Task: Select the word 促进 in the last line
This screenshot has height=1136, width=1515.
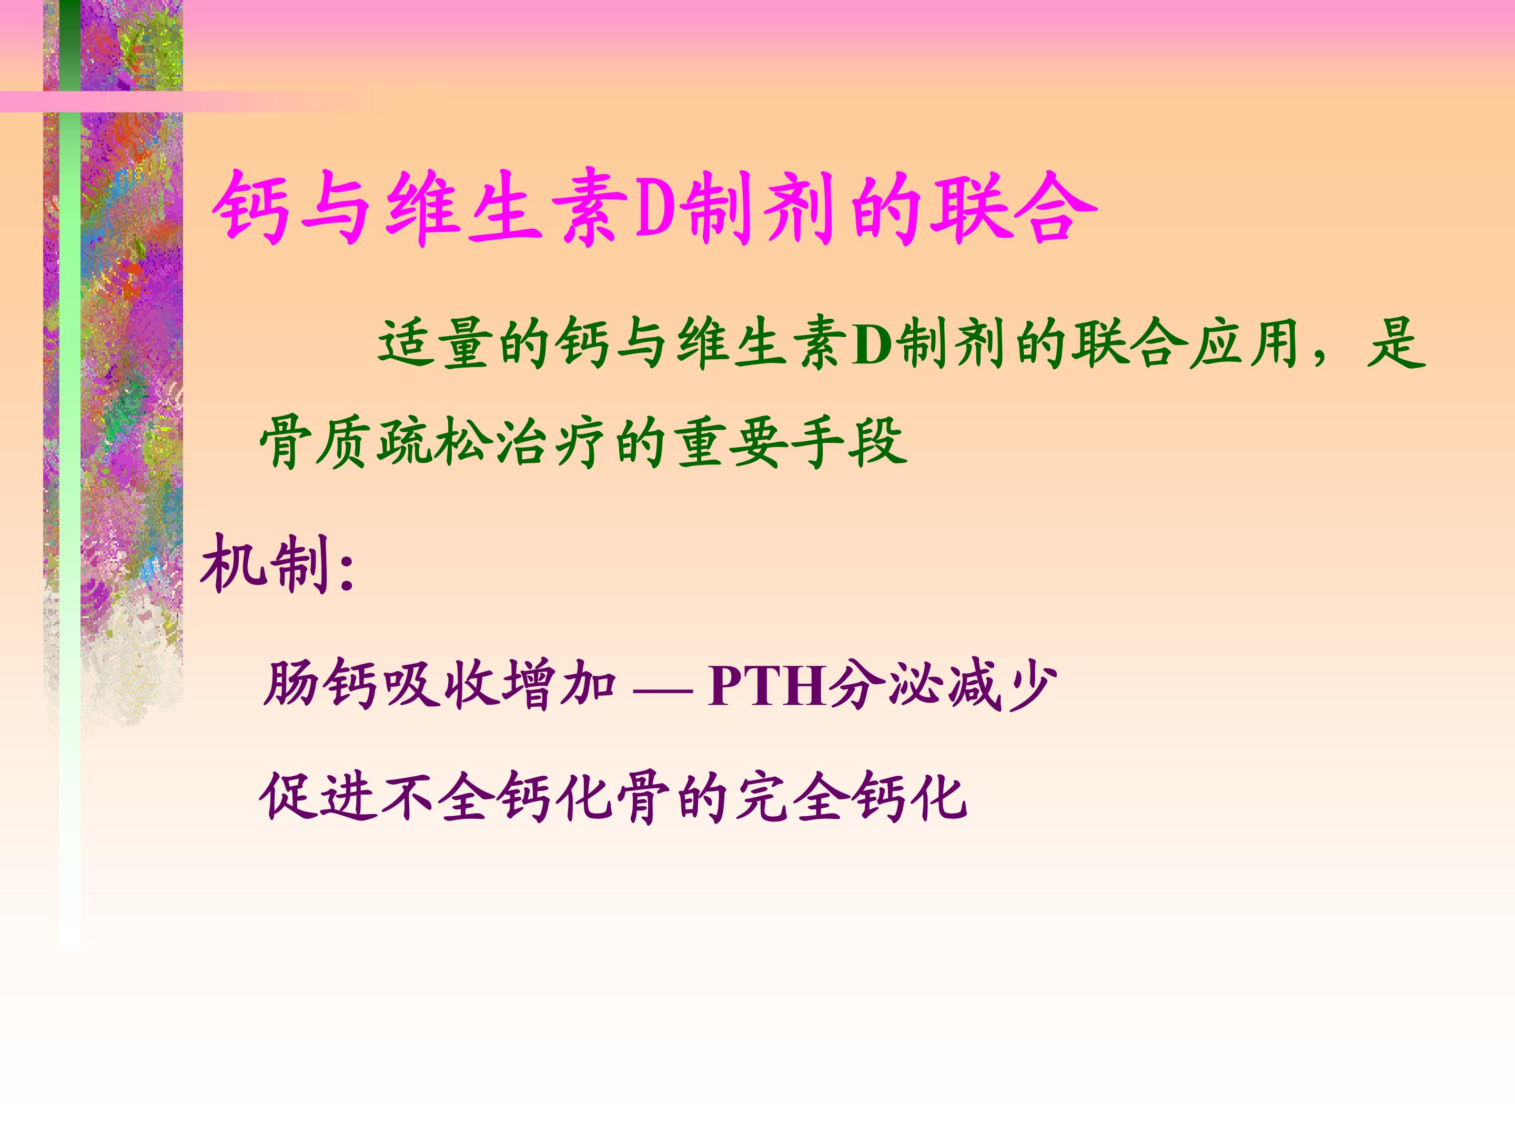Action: [318, 796]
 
